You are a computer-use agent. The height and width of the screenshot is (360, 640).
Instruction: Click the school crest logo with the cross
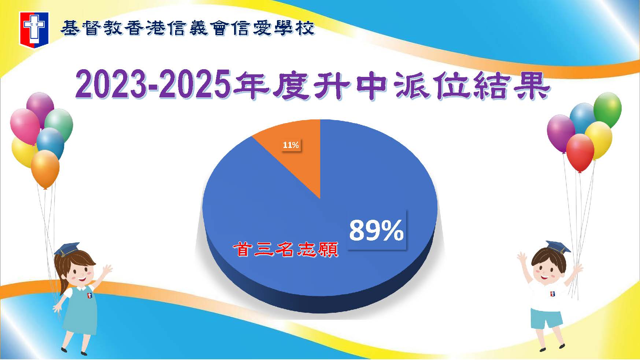point(34,29)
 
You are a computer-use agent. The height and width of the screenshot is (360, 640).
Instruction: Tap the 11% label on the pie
point(291,145)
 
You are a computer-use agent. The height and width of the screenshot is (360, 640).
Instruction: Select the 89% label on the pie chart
point(377,230)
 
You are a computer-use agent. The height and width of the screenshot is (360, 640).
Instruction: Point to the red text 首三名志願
point(285,250)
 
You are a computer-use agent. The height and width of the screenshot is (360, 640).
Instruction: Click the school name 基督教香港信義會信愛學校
point(187,28)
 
